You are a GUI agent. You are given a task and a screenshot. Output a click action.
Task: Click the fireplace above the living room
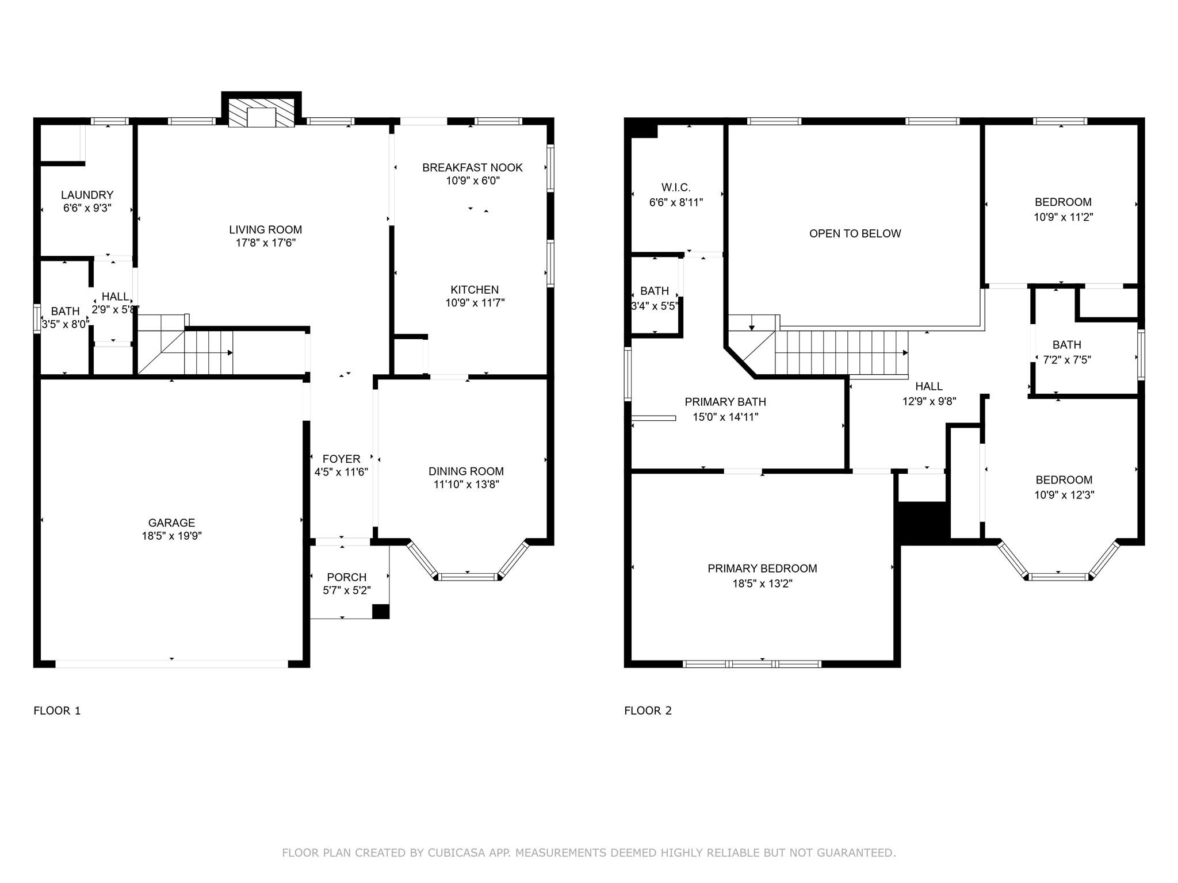(x=262, y=112)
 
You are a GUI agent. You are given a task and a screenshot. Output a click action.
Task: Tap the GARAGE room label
(x=171, y=523)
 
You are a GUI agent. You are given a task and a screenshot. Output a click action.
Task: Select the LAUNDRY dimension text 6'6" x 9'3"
(x=87, y=208)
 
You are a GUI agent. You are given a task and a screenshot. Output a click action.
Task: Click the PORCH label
(x=346, y=577)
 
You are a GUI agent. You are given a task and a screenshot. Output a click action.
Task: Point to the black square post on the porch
(x=381, y=611)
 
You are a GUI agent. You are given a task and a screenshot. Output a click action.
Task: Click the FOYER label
(x=341, y=459)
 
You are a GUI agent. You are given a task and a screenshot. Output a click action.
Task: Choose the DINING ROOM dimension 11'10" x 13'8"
(x=466, y=485)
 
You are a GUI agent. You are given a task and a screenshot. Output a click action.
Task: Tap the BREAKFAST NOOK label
(x=472, y=167)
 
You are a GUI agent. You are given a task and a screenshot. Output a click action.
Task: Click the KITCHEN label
(x=475, y=290)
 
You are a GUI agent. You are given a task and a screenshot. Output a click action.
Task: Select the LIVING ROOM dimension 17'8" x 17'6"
(x=265, y=243)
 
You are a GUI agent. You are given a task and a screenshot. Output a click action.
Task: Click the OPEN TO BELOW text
(x=855, y=233)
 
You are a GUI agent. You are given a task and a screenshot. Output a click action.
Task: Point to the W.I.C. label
(x=676, y=187)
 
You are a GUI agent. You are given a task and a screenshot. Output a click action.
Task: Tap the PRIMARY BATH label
(x=725, y=402)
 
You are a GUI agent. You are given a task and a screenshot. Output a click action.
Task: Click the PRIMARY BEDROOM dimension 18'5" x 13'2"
(x=762, y=583)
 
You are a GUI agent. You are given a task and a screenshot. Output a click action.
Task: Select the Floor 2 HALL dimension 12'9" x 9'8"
(x=929, y=401)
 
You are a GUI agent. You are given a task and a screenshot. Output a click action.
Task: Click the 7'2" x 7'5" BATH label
(x=1066, y=345)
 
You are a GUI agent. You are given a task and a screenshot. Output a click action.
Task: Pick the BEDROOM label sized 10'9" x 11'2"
(x=1063, y=202)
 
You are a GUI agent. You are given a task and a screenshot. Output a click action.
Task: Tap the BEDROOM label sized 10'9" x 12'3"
(x=1064, y=480)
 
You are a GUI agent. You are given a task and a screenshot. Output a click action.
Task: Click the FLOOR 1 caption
(x=57, y=711)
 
